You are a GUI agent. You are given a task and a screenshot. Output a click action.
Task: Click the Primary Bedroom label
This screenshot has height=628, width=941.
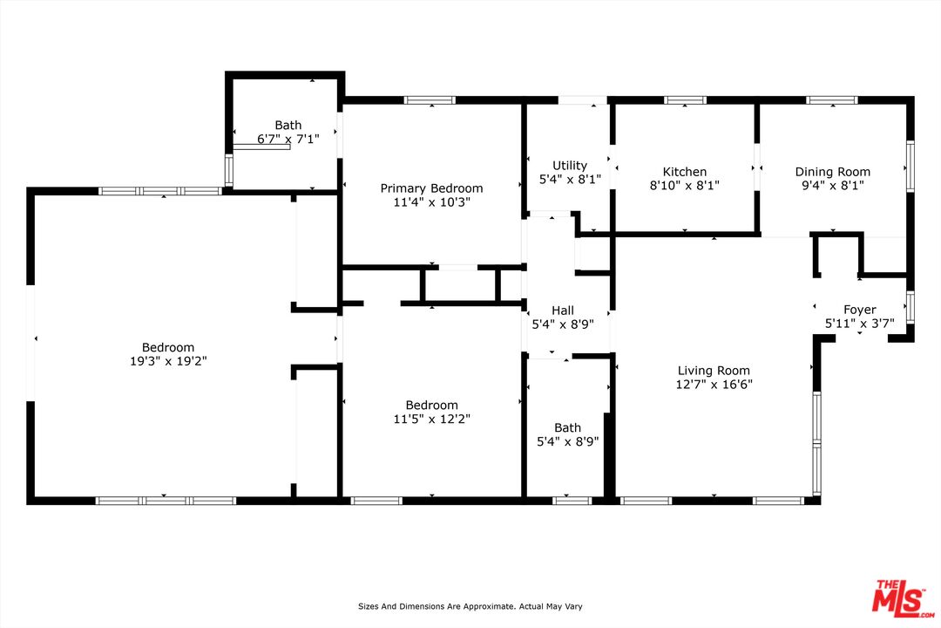[x=431, y=188]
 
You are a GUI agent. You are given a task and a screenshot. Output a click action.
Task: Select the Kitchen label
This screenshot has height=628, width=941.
[x=684, y=172]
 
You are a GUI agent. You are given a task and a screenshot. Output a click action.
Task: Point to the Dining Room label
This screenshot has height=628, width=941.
[x=832, y=172]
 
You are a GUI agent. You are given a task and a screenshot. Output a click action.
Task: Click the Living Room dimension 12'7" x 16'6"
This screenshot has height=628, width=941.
[x=714, y=384]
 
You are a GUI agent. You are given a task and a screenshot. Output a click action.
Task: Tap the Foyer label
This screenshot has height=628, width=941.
[x=859, y=310]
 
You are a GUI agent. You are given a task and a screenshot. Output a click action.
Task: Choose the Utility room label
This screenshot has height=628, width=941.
[x=570, y=166]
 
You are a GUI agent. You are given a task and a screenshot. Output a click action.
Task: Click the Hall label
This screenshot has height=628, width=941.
[x=563, y=311]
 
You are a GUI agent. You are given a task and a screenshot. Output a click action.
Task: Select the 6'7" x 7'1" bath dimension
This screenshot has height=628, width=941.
[x=288, y=140]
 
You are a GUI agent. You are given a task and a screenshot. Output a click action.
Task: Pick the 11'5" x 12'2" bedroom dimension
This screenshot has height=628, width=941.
[x=431, y=419]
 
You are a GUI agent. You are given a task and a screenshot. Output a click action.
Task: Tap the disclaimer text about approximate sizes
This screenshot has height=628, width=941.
[x=470, y=606]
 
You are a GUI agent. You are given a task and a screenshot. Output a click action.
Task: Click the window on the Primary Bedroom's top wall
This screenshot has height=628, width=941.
[x=430, y=100]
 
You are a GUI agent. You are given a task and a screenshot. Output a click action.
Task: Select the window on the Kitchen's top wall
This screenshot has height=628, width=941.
[x=685, y=100]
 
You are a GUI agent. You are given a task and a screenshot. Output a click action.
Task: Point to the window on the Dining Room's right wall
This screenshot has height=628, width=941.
[x=910, y=167]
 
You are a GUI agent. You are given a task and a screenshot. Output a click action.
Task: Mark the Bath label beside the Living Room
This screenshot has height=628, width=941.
[x=567, y=427]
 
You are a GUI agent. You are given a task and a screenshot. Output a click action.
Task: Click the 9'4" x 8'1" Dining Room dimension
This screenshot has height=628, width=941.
[x=832, y=185]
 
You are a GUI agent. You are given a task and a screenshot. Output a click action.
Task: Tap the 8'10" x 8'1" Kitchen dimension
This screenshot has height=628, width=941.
[x=684, y=185]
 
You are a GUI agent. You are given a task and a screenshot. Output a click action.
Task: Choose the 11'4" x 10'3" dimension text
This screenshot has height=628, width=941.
[x=431, y=201]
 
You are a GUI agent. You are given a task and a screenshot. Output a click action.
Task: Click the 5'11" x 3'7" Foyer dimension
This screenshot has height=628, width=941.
[x=859, y=324]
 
